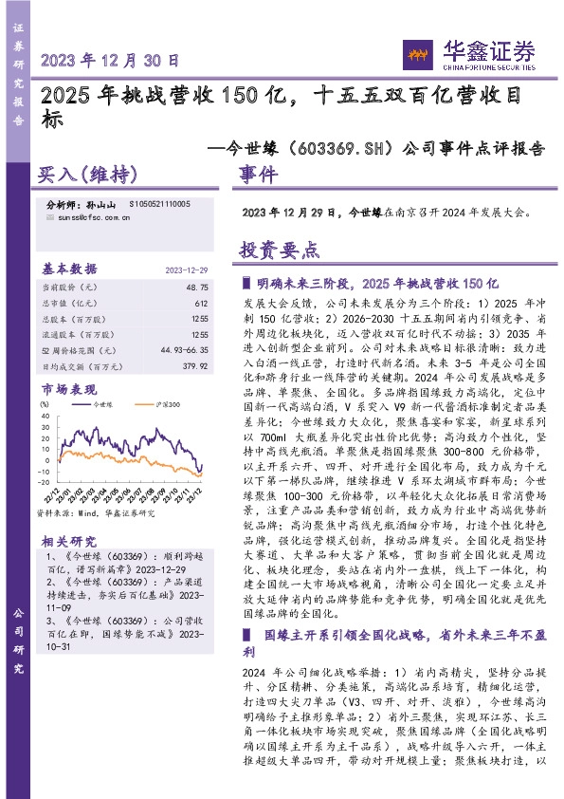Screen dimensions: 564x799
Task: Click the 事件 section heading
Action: coord(258,176)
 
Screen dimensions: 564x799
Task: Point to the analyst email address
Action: coord(89,217)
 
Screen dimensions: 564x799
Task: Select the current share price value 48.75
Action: coord(197,286)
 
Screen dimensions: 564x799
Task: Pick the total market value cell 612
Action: coord(201,303)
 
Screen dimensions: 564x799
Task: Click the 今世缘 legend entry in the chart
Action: coord(92,404)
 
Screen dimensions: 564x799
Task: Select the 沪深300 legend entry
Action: coord(159,404)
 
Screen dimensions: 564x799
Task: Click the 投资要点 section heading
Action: coord(279,250)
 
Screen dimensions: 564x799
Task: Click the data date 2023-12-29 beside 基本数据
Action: coord(189,268)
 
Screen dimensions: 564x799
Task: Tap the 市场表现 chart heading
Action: coord(68,389)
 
